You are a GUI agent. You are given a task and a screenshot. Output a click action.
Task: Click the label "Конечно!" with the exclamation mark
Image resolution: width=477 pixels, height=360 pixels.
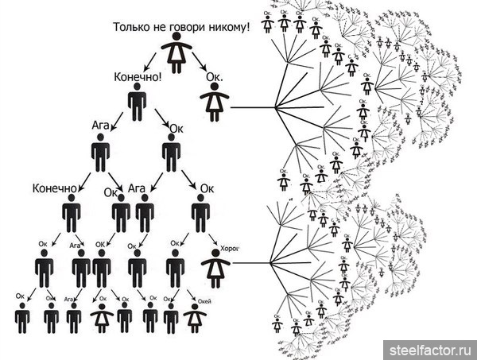tap(140, 78)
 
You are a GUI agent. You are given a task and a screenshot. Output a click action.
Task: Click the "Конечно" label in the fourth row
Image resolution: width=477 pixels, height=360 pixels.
tap(54, 189)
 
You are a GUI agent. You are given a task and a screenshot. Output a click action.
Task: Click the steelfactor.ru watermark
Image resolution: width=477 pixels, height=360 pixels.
tap(430, 348)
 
